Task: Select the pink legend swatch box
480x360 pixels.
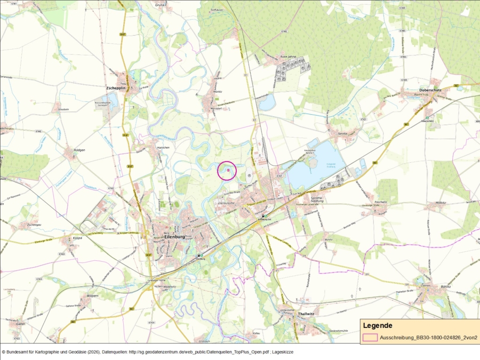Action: (370, 338)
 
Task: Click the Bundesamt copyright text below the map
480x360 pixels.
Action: (147, 352)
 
